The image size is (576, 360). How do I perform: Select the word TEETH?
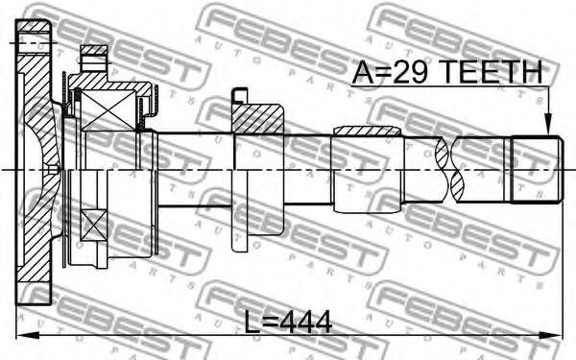(492, 71)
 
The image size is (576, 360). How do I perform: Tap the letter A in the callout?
(361, 71)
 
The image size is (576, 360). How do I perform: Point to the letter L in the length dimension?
(252, 323)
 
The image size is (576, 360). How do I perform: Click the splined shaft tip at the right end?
(537, 169)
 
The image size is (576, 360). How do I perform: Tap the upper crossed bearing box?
(108, 110)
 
